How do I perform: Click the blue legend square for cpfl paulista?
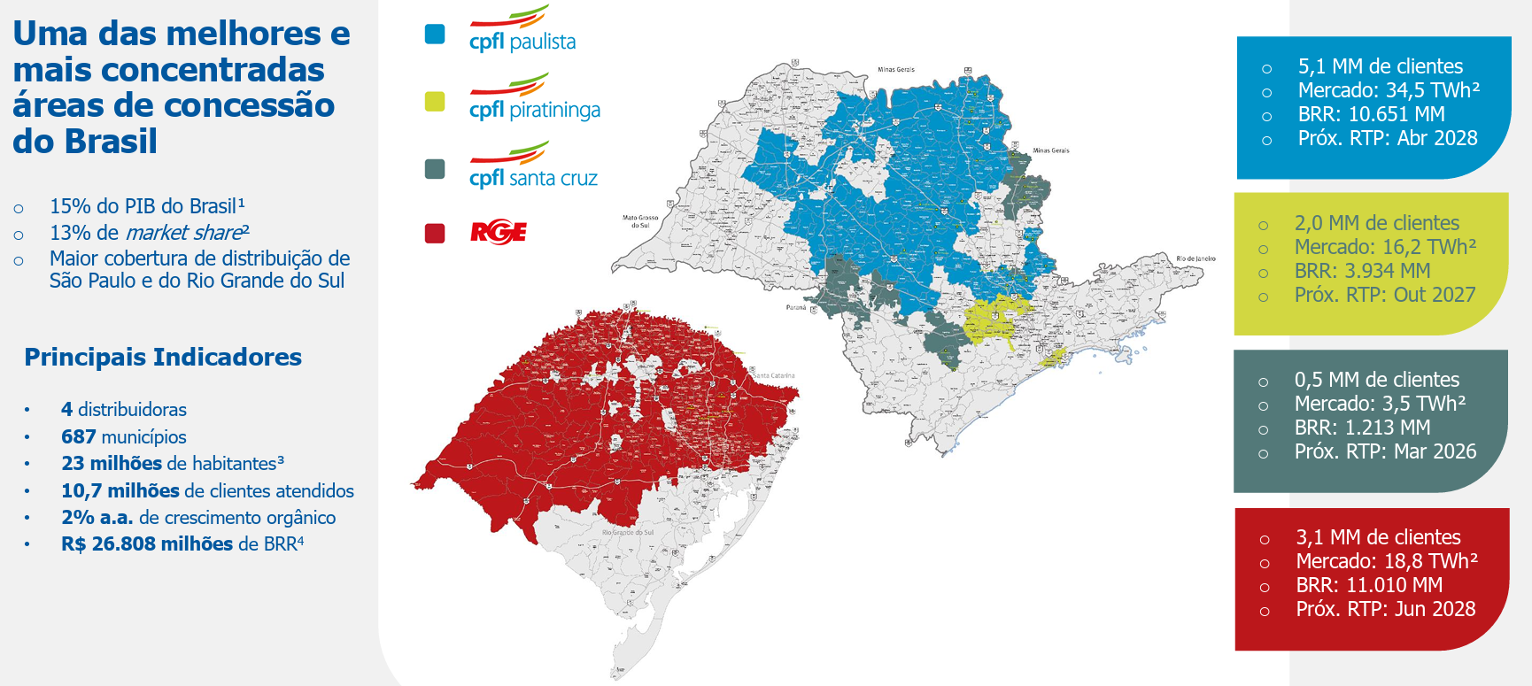435,34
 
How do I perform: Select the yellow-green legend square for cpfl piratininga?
435,102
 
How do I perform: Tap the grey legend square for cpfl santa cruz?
435,169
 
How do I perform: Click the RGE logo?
499,233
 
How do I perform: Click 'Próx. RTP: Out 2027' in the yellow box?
1384,295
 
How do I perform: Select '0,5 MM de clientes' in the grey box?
1376,380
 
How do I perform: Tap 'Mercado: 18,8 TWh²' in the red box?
1386,561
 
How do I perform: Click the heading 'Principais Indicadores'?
163,357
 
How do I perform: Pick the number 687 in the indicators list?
78,436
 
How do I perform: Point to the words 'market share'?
183,233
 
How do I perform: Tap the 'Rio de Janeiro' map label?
1195,258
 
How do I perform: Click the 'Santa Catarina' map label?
774,375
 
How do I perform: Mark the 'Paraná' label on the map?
796,307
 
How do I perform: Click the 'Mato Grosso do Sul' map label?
640,221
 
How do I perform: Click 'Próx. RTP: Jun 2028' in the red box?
1385,609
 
